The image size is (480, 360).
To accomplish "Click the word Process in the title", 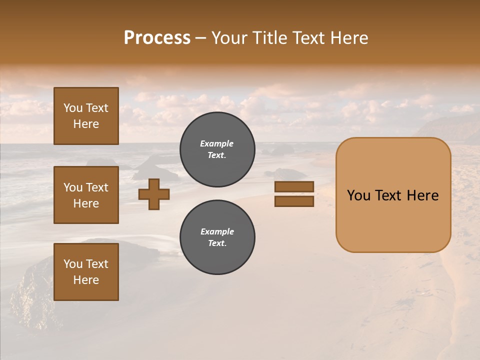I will coord(157,38).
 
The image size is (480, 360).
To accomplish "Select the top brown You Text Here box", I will coord(86,116).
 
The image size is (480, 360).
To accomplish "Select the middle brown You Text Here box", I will coord(86,195).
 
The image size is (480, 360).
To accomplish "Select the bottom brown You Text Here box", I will coord(86,272).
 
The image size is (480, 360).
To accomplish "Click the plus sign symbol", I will coord(154,194).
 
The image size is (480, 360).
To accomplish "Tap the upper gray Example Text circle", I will coord(217,149).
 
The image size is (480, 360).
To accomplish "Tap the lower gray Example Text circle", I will coord(217,237).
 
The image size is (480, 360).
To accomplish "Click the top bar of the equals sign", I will coord(294,187).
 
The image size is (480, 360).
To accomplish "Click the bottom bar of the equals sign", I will coord(294,201).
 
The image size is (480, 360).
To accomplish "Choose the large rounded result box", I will coord(393,195).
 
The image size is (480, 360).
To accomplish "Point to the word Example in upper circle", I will coord(217,143).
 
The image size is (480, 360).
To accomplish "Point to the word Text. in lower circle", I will coord(217,243).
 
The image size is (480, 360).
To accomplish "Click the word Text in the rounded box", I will coord(388,195).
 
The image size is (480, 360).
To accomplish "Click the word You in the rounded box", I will coord(359,195).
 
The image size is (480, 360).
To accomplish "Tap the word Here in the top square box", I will coord(86,124).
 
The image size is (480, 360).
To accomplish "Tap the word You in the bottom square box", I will coord(73,264).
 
